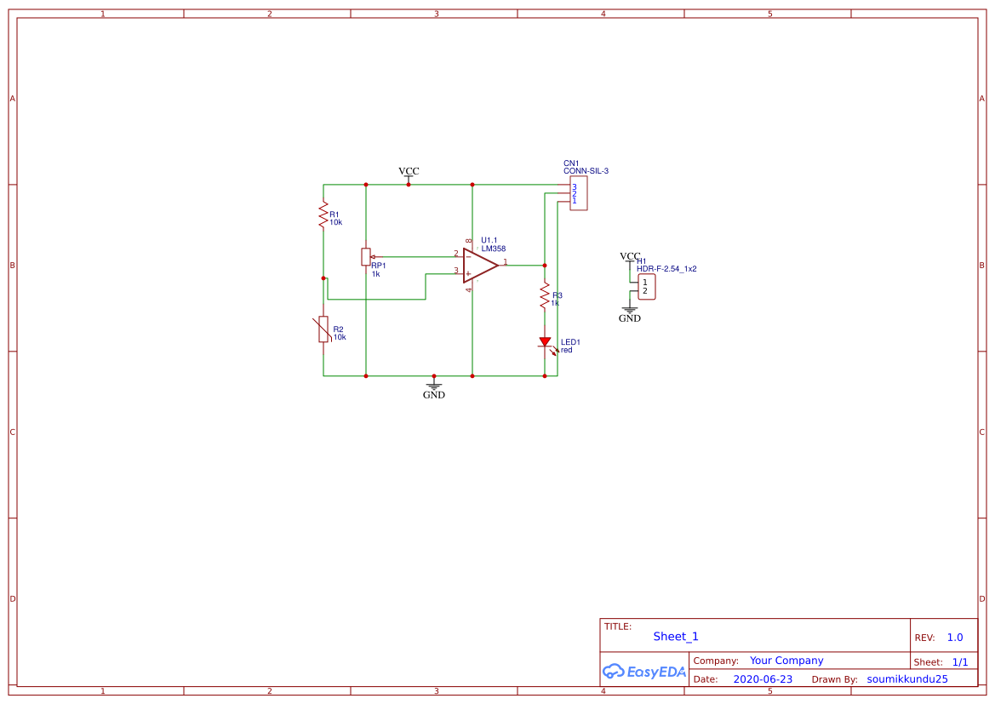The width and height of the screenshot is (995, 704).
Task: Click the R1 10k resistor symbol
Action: coord(323,215)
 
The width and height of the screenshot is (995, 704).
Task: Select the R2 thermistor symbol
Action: coord(323,329)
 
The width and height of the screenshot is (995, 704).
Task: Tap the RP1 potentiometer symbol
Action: coord(366,256)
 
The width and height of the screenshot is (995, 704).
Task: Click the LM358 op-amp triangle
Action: coord(478,266)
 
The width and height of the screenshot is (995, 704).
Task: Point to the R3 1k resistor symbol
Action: coord(545,296)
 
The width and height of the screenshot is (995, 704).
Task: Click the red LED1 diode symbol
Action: coord(545,342)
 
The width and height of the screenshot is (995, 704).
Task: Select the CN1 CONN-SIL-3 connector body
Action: coord(578,194)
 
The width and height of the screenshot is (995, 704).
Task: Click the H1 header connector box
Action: coord(646,287)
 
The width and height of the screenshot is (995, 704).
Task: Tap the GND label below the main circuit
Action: coord(434,395)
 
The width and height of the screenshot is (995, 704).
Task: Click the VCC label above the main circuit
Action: coord(409,171)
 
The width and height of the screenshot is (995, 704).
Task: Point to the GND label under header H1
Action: coord(630,318)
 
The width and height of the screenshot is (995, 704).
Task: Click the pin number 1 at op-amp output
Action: coord(505,262)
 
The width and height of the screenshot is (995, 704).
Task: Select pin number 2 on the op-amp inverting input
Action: coord(455,254)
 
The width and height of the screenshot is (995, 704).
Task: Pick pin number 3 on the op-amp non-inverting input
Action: coord(455,271)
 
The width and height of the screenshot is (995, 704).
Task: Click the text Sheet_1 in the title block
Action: coord(676,637)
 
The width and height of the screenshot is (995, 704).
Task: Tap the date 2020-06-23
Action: coord(763,679)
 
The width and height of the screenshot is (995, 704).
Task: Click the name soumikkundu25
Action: coord(907,679)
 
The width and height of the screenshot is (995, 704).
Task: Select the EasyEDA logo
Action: coord(644,671)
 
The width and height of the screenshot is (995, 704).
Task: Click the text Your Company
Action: coord(786,661)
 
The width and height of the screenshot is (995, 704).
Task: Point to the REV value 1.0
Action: coord(955,638)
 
